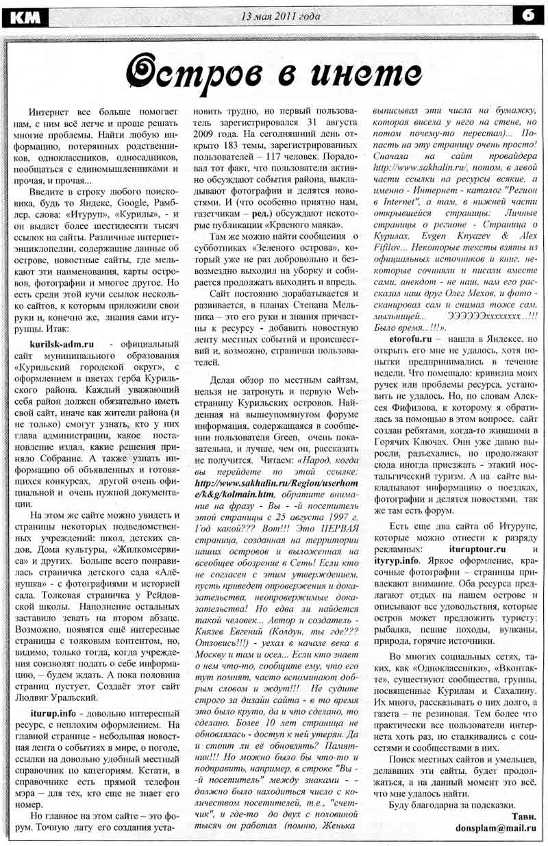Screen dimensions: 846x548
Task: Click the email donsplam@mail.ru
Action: pyautogui.click(x=495, y=828)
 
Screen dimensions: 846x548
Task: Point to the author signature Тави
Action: pyautogui.click(x=523, y=816)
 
